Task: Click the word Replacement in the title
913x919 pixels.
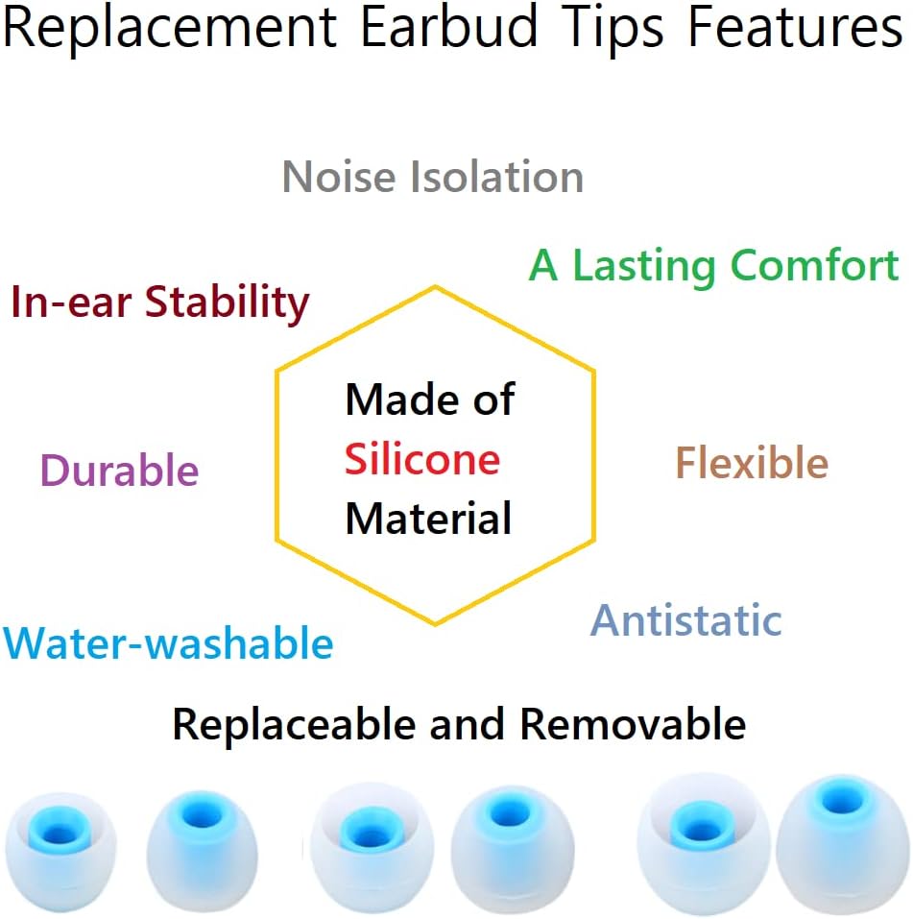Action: tap(169, 29)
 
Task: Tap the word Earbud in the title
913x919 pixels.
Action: tap(448, 29)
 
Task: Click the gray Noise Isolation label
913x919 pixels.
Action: tap(433, 178)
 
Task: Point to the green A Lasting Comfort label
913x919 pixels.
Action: tap(714, 266)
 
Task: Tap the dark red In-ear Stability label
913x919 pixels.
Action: tap(160, 303)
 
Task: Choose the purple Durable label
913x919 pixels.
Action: tap(119, 472)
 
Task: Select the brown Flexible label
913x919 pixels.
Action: tap(752, 464)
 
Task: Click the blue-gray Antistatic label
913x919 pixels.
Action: tap(685, 620)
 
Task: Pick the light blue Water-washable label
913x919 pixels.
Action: tap(169, 643)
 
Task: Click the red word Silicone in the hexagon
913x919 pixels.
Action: tap(422, 459)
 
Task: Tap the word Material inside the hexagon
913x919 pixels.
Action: tap(428, 520)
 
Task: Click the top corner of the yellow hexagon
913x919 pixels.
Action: tap(435, 286)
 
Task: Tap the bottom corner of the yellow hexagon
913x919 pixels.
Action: tap(435, 625)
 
